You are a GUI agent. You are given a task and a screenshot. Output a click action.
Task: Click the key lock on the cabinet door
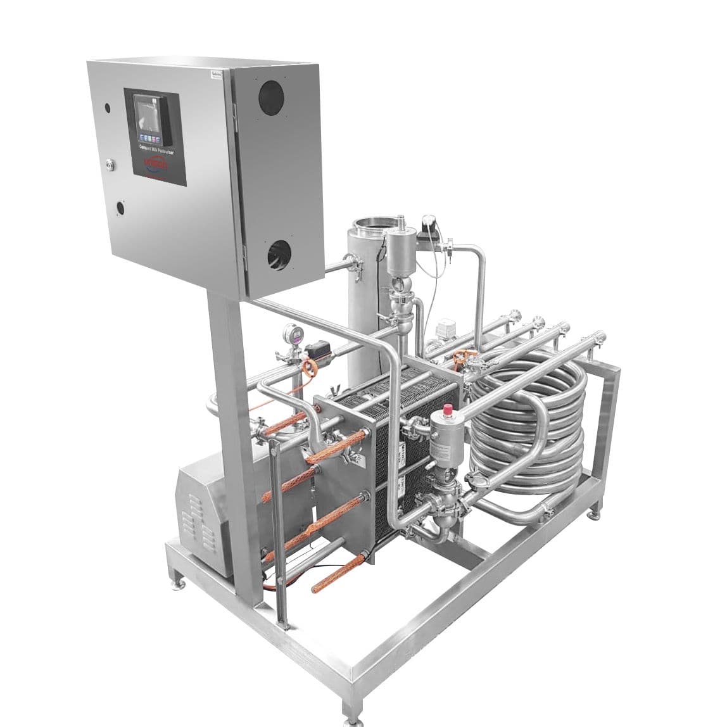(x=111, y=164)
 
